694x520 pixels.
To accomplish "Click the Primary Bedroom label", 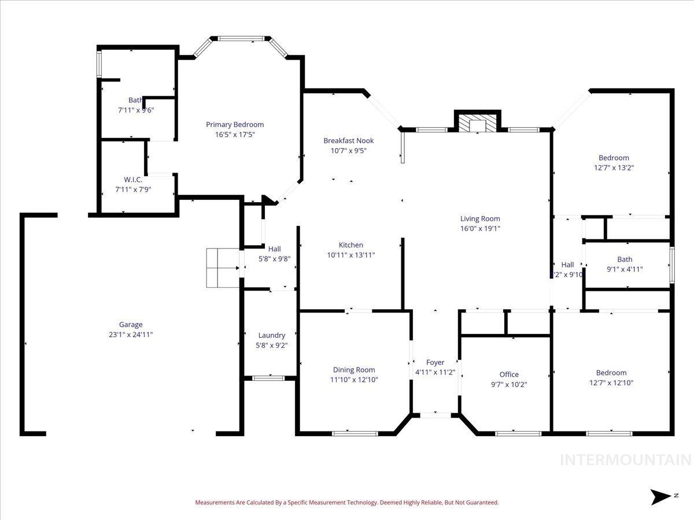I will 235,124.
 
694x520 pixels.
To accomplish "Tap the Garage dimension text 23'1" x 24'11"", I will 131,334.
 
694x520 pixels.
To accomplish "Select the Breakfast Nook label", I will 348,140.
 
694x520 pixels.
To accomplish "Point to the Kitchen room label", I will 350,245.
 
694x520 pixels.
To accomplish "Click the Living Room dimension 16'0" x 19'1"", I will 480,228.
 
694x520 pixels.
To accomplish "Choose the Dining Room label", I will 353,370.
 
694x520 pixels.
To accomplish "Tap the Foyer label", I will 435,362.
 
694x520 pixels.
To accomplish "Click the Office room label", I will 509,374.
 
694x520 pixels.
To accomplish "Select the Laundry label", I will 271,335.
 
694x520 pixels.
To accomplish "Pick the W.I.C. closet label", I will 132,180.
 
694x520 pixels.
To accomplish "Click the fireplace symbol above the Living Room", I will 477,123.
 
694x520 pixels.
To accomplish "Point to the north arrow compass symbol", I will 659,496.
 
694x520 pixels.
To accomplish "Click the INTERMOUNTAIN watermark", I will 626,460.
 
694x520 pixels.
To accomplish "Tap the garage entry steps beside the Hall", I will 223,268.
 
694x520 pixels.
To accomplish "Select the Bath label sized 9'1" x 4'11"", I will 625,259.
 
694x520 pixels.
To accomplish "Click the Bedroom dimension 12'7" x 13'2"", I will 614,168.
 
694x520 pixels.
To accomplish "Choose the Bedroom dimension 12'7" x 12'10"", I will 611,382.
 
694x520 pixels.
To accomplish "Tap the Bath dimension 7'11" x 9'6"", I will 136,110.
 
